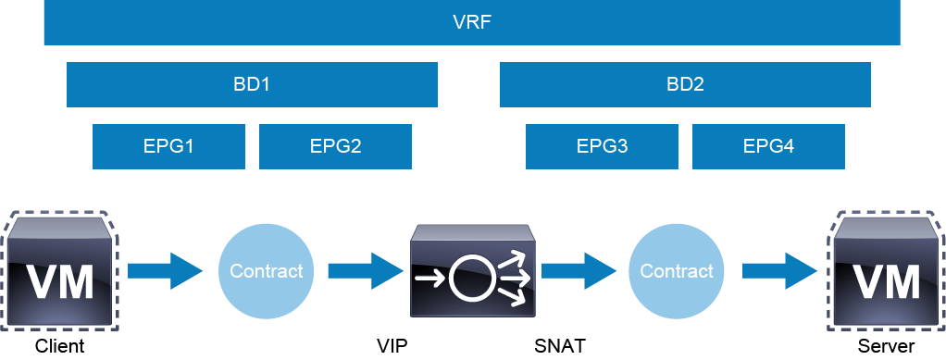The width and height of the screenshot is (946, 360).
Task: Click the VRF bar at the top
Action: coord(472,22)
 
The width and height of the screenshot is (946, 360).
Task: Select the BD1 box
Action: coord(252,84)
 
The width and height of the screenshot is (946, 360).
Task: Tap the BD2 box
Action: coord(685,84)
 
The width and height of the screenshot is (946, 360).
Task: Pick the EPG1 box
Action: coord(168,146)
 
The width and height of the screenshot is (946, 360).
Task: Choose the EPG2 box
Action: coord(335,146)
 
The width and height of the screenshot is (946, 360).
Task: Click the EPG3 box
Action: coord(602,146)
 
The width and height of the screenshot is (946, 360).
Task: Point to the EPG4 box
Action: coord(768,146)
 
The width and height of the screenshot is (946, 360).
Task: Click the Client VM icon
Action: coord(59,271)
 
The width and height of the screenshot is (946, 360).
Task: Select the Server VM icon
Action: coord(886,271)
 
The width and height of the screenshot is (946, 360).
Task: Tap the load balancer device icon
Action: coord(472,271)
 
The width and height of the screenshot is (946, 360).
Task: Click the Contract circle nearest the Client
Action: coord(266,271)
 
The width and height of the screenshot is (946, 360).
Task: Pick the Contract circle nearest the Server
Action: coord(677,271)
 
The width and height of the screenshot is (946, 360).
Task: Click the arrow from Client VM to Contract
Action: coord(165,271)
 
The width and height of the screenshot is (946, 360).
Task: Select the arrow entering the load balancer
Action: coord(366,271)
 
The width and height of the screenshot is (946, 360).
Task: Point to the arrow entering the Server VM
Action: coord(779,271)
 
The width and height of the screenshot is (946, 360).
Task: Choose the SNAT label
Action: coord(560,347)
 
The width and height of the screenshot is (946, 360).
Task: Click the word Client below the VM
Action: coord(60,347)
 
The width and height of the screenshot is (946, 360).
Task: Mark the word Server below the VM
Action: coord(886,347)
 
